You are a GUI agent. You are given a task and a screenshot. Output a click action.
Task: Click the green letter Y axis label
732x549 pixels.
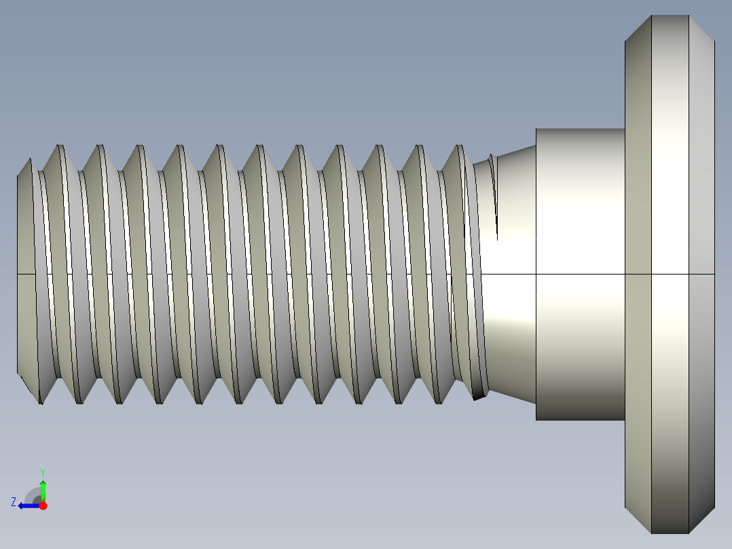(43, 472)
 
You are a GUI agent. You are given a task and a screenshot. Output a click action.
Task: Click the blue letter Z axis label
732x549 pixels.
(14, 502)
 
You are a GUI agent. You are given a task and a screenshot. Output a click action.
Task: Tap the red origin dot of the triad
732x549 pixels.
(43, 506)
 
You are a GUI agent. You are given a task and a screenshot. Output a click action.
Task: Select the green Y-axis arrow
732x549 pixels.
(43, 490)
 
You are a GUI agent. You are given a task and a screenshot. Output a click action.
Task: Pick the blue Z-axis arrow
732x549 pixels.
(28, 506)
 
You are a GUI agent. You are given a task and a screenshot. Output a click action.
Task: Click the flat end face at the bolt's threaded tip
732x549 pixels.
(26, 272)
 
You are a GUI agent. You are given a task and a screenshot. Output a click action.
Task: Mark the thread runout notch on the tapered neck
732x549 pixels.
(495, 197)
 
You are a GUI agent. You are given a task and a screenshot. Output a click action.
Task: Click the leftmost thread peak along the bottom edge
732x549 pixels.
(40, 402)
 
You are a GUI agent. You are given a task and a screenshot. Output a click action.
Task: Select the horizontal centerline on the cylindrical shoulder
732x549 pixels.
(580, 274)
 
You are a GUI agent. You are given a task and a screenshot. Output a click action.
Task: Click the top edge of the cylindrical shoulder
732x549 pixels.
(580, 129)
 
